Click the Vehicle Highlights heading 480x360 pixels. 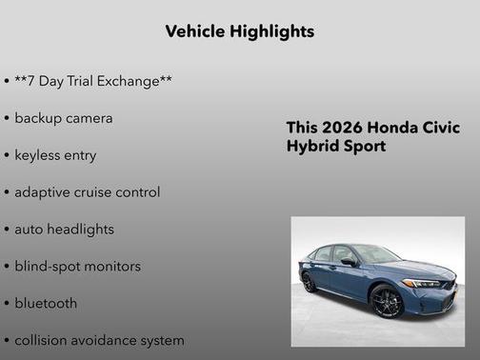point(239,31)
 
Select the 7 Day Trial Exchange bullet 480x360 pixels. point(93,81)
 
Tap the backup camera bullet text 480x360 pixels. point(63,118)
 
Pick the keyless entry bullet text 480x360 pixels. point(55,155)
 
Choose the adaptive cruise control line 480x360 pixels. point(87,191)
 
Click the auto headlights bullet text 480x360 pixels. point(64,230)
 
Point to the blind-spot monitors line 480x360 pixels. point(77,267)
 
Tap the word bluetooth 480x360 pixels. point(46,304)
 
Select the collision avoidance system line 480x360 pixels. point(99,340)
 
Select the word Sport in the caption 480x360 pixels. point(363,147)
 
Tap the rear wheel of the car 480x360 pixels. point(310,283)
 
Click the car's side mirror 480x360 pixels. point(349,262)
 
